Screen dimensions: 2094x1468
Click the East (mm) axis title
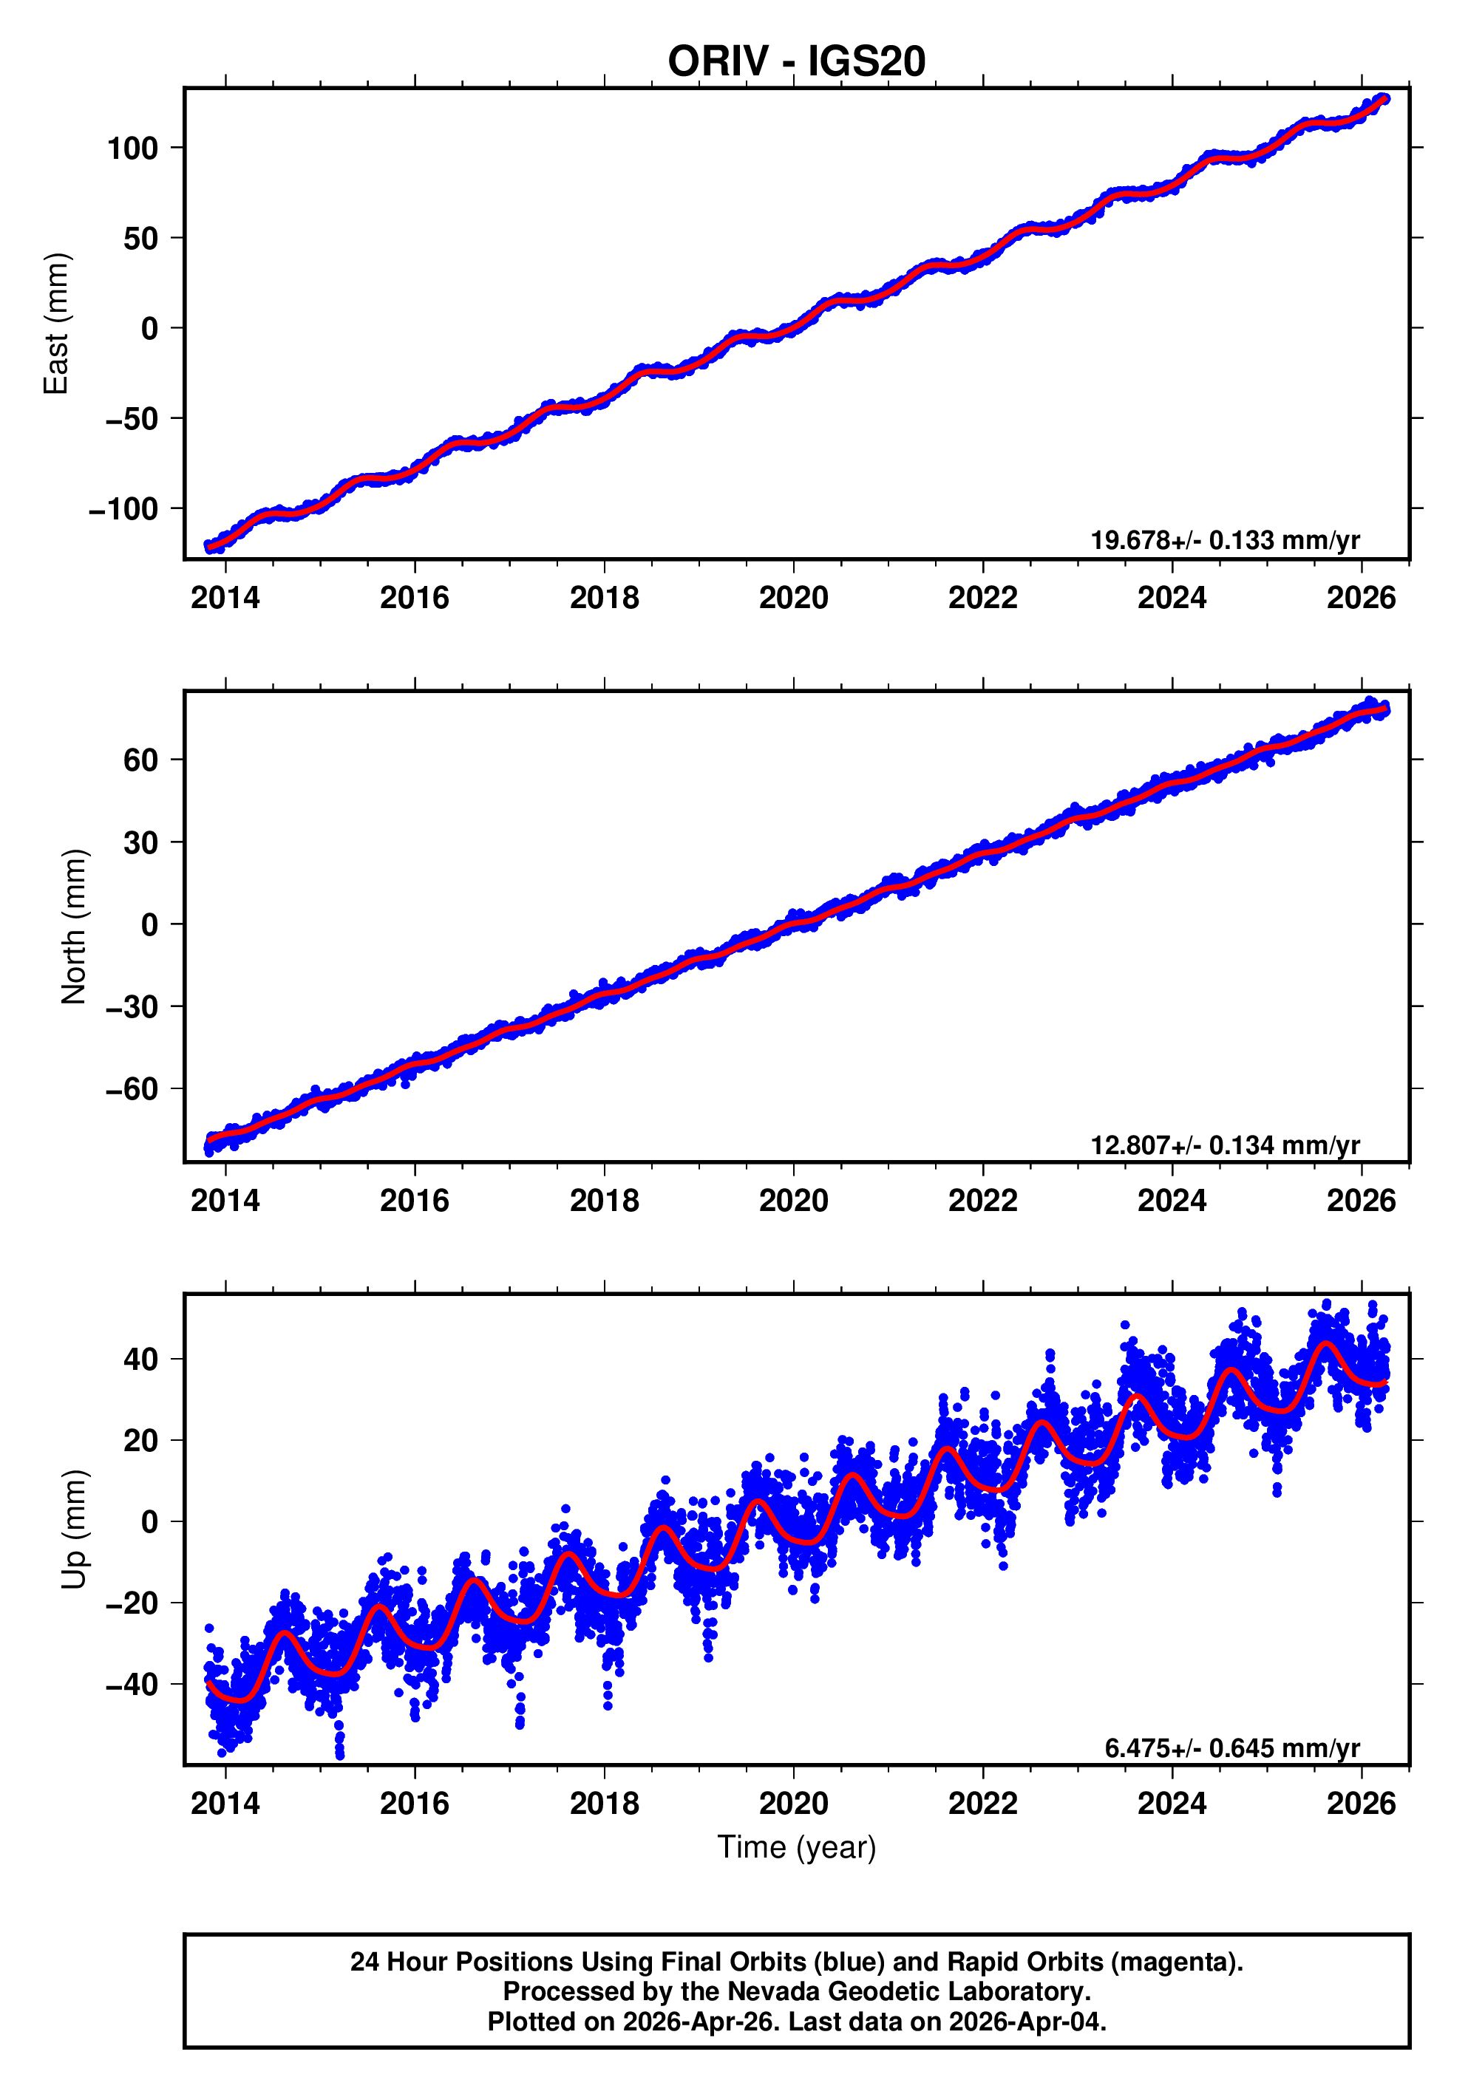pyautogui.click(x=57, y=324)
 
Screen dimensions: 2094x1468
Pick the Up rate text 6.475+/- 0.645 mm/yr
pyautogui.click(x=1231, y=1747)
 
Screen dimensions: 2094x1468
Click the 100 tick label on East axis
pyautogui.click(x=132, y=148)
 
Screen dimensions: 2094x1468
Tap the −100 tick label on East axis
pyautogui.click(x=123, y=509)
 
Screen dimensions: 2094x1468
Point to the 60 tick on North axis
pyautogui.click(x=140, y=760)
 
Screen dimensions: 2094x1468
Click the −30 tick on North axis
pyautogui.click(x=132, y=1007)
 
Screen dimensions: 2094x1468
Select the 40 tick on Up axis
pyautogui.click(x=140, y=1360)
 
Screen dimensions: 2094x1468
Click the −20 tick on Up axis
pyautogui.click(x=132, y=1603)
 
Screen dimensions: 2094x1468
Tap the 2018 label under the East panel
pyautogui.click(x=604, y=598)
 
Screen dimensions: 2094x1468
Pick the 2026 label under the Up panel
pyautogui.click(x=1360, y=1804)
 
